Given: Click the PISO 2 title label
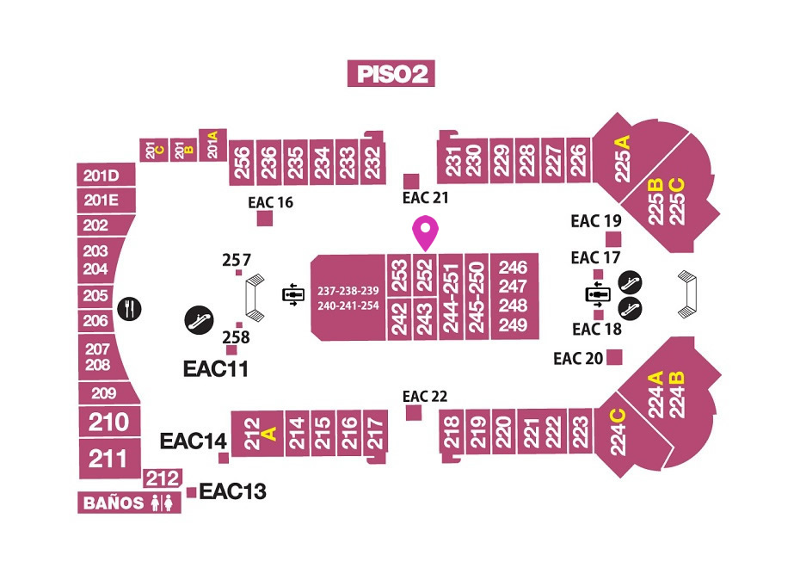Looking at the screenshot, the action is (391, 73).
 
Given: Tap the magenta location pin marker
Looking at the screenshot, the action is (426, 233).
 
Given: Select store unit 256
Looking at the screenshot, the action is (242, 163).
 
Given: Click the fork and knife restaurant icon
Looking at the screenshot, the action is (130, 309).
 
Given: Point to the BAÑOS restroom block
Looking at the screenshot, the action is (130, 503).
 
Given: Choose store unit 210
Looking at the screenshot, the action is (109, 422).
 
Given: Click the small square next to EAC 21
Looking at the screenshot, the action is (411, 181).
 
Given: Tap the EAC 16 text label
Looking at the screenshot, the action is (270, 203).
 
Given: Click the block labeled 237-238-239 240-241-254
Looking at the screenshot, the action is (348, 298).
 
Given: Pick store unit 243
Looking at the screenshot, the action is (425, 319).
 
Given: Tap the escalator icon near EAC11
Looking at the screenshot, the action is (199, 321).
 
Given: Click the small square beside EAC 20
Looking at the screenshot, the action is (614, 357).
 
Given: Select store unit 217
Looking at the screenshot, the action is (376, 434).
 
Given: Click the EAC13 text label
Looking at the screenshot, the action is (232, 491).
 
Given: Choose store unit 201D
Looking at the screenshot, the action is (106, 176).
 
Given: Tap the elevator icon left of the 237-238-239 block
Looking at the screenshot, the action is (293, 294).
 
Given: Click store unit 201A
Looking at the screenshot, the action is (212, 145).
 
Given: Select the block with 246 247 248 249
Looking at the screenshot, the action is (514, 296).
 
